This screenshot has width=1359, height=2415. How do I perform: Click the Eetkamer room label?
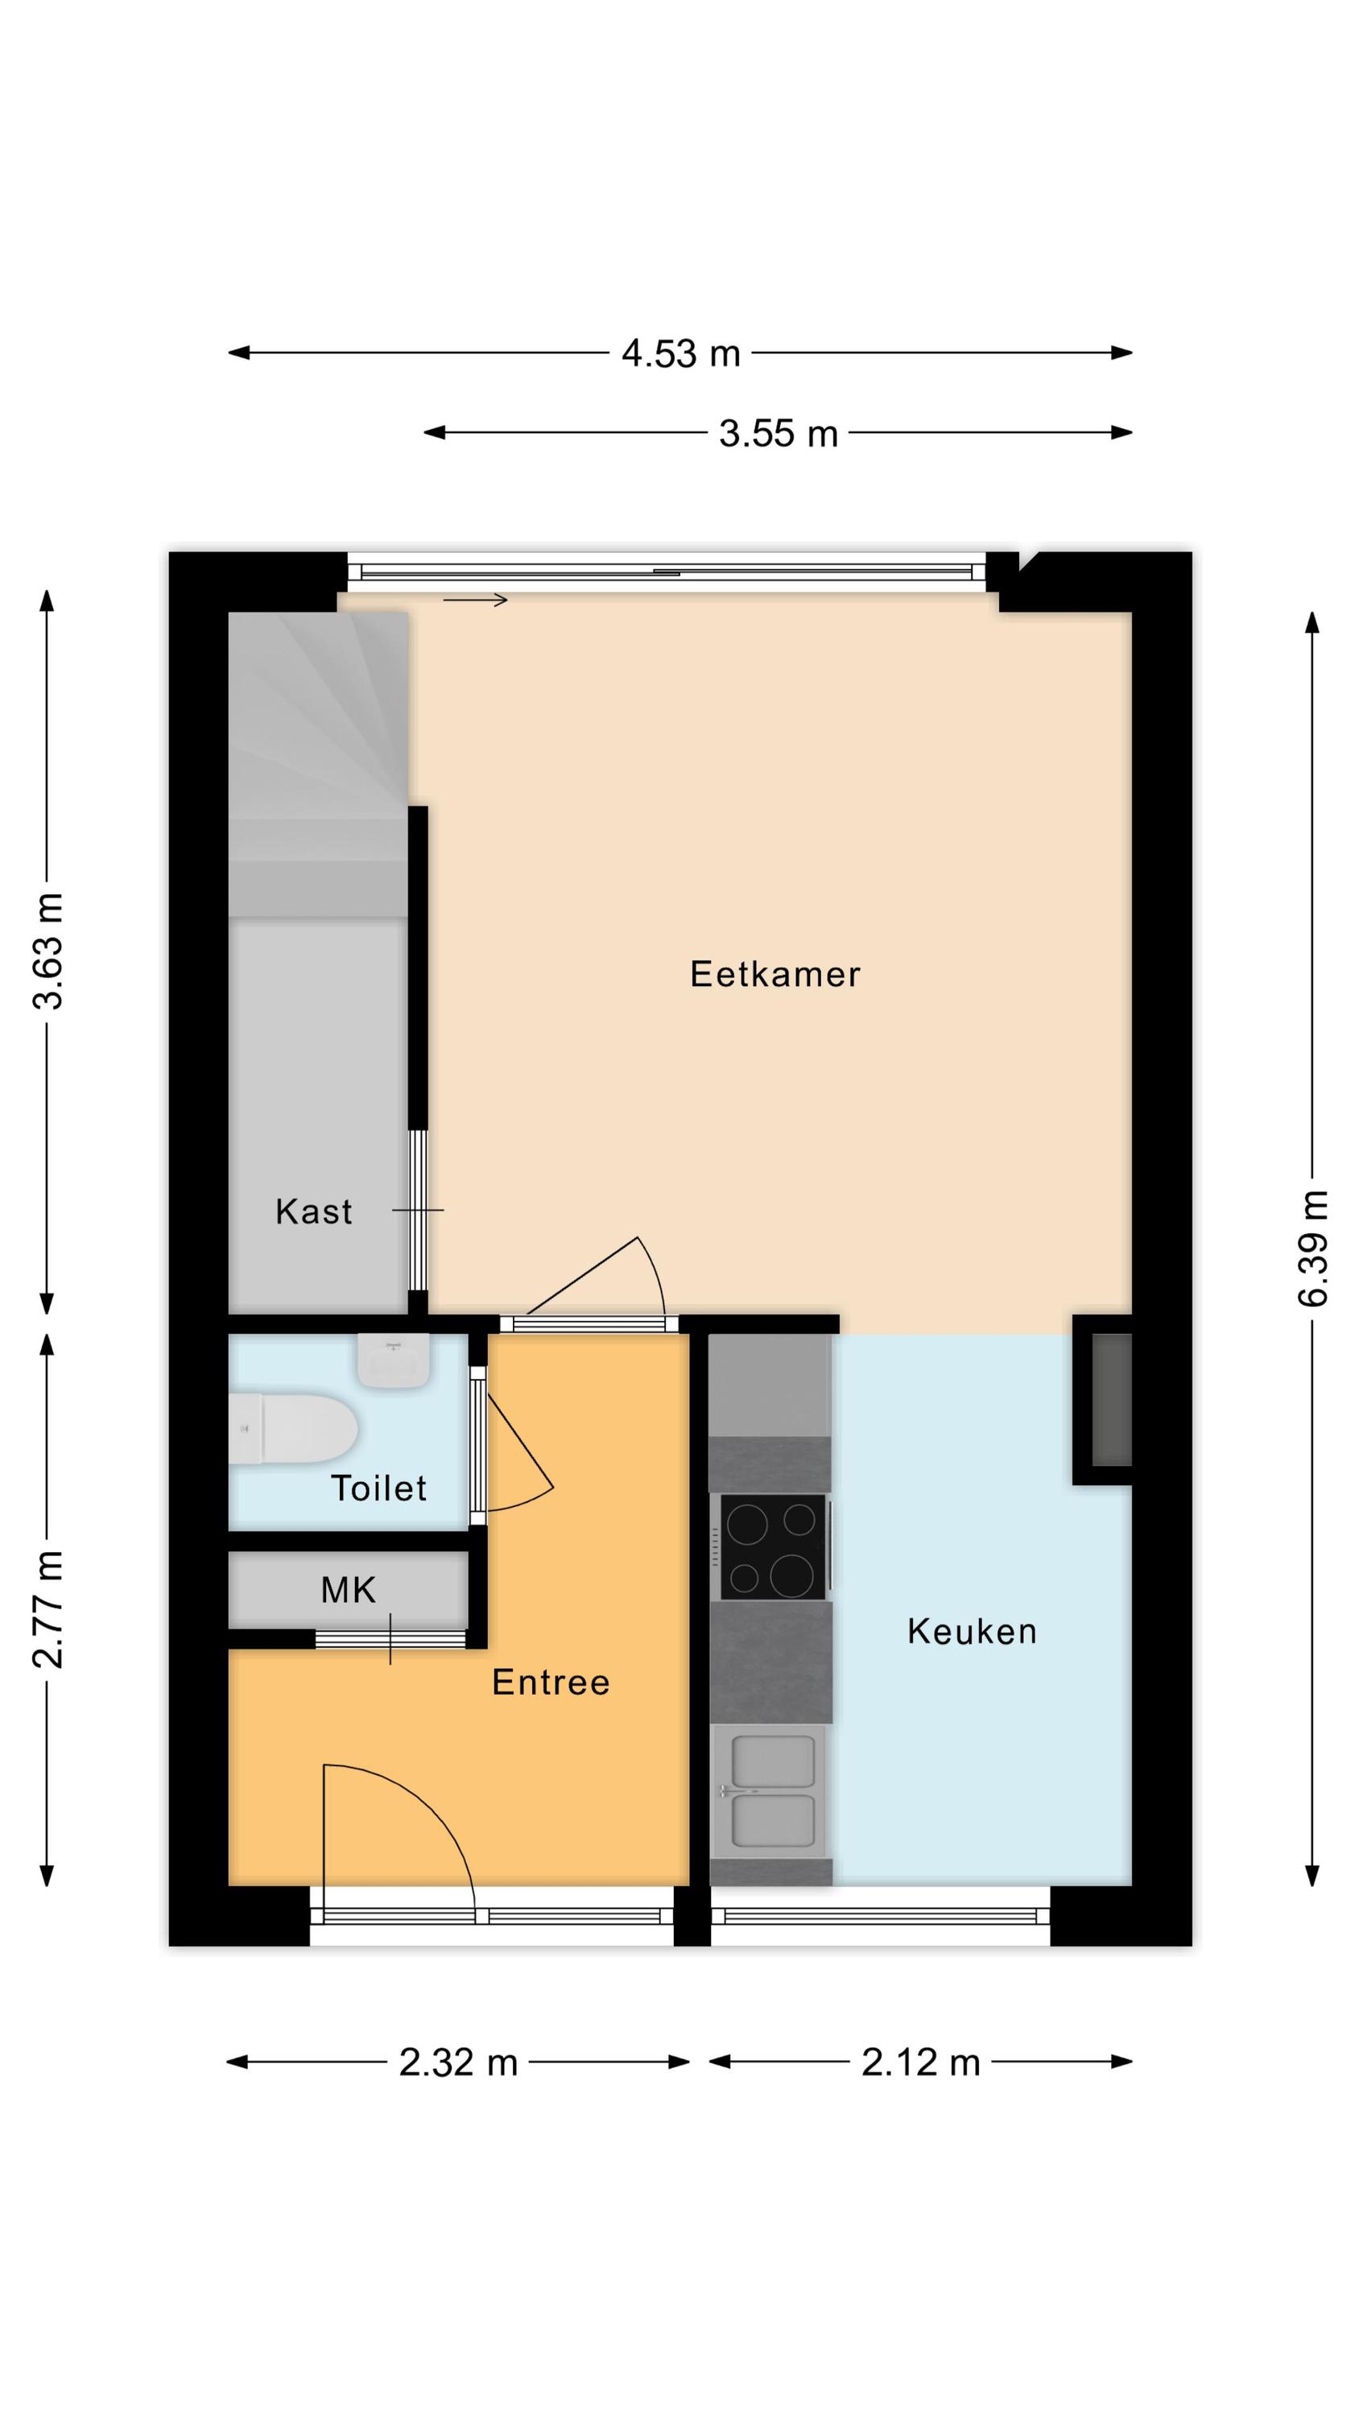pos(775,974)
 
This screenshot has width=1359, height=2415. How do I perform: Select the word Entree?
pos(551,1682)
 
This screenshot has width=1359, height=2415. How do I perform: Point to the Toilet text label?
pos(379,1488)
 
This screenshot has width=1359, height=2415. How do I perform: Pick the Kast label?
pos(314,1212)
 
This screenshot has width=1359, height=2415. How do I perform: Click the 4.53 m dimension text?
pos(681,353)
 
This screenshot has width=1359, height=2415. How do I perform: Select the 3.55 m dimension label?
pos(779,433)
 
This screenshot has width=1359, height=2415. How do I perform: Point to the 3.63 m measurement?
pos(47,951)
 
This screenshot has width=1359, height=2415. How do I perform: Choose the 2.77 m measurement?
pos(47,1610)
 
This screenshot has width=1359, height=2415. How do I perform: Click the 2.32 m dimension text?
pos(459,2062)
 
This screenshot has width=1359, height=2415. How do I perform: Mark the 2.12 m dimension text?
pos(921,2062)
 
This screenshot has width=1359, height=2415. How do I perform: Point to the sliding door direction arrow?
pos(476,600)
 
